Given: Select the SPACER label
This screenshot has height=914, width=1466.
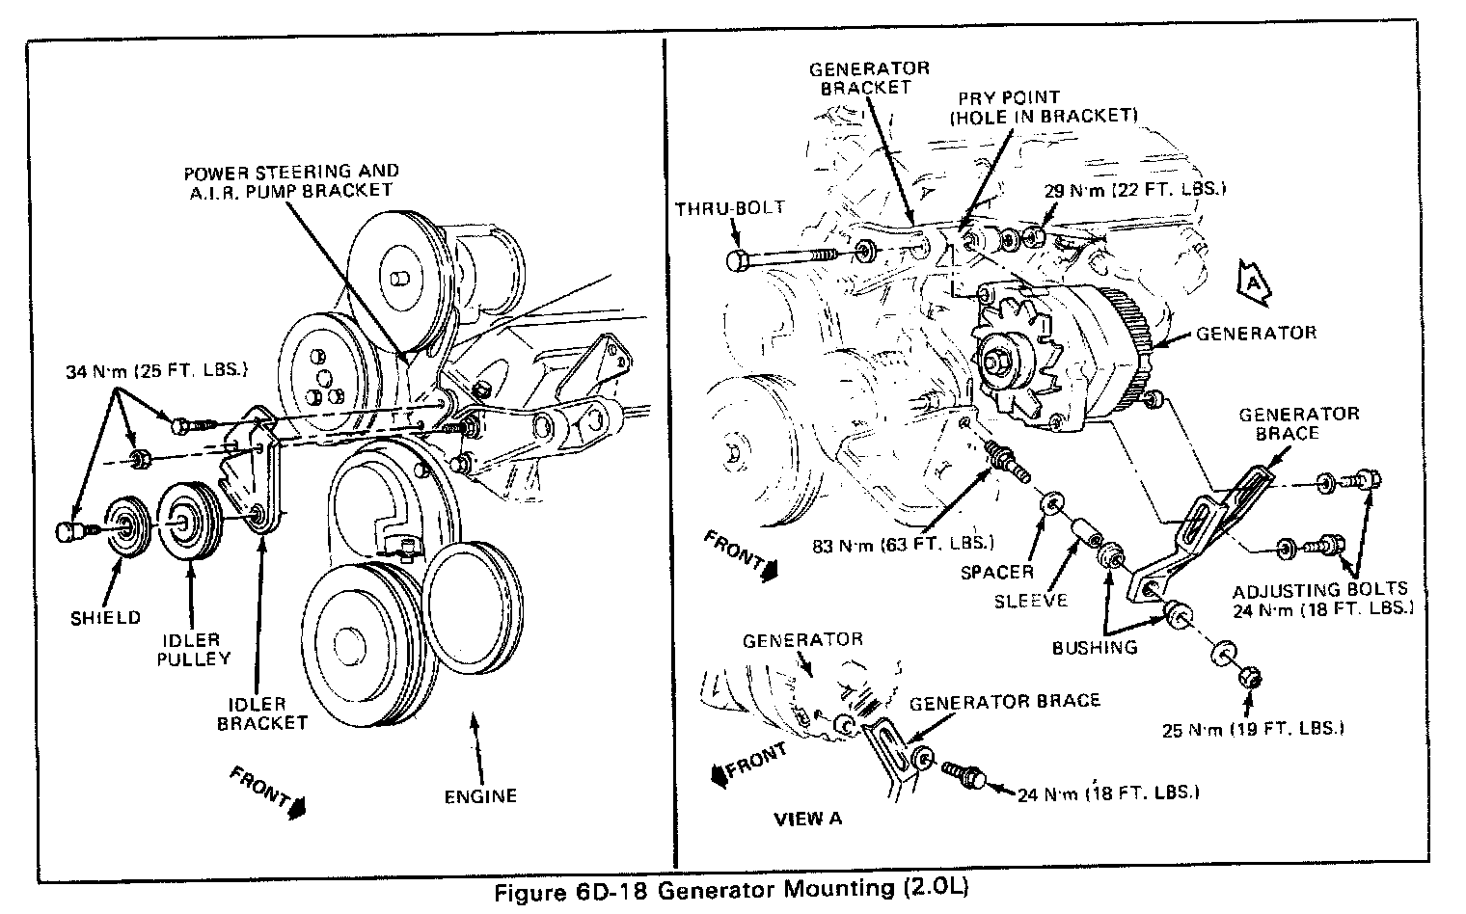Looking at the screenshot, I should [x=997, y=572].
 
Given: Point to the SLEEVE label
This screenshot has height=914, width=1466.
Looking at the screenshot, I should [x=1031, y=601].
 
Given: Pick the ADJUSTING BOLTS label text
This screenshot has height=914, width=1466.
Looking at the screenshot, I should [x=1320, y=589].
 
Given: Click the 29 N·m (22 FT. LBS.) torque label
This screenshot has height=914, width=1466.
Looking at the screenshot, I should [x=1135, y=190].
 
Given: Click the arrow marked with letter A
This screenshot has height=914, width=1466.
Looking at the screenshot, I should [x=1253, y=281].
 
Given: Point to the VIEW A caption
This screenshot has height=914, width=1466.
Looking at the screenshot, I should [x=808, y=819].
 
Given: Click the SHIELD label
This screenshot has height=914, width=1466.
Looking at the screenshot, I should [x=107, y=617].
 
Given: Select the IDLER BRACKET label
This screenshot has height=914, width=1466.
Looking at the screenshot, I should [x=262, y=712].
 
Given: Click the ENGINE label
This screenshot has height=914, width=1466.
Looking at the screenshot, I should [x=480, y=795].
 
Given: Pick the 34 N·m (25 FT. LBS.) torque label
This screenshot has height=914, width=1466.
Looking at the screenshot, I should [x=157, y=370].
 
